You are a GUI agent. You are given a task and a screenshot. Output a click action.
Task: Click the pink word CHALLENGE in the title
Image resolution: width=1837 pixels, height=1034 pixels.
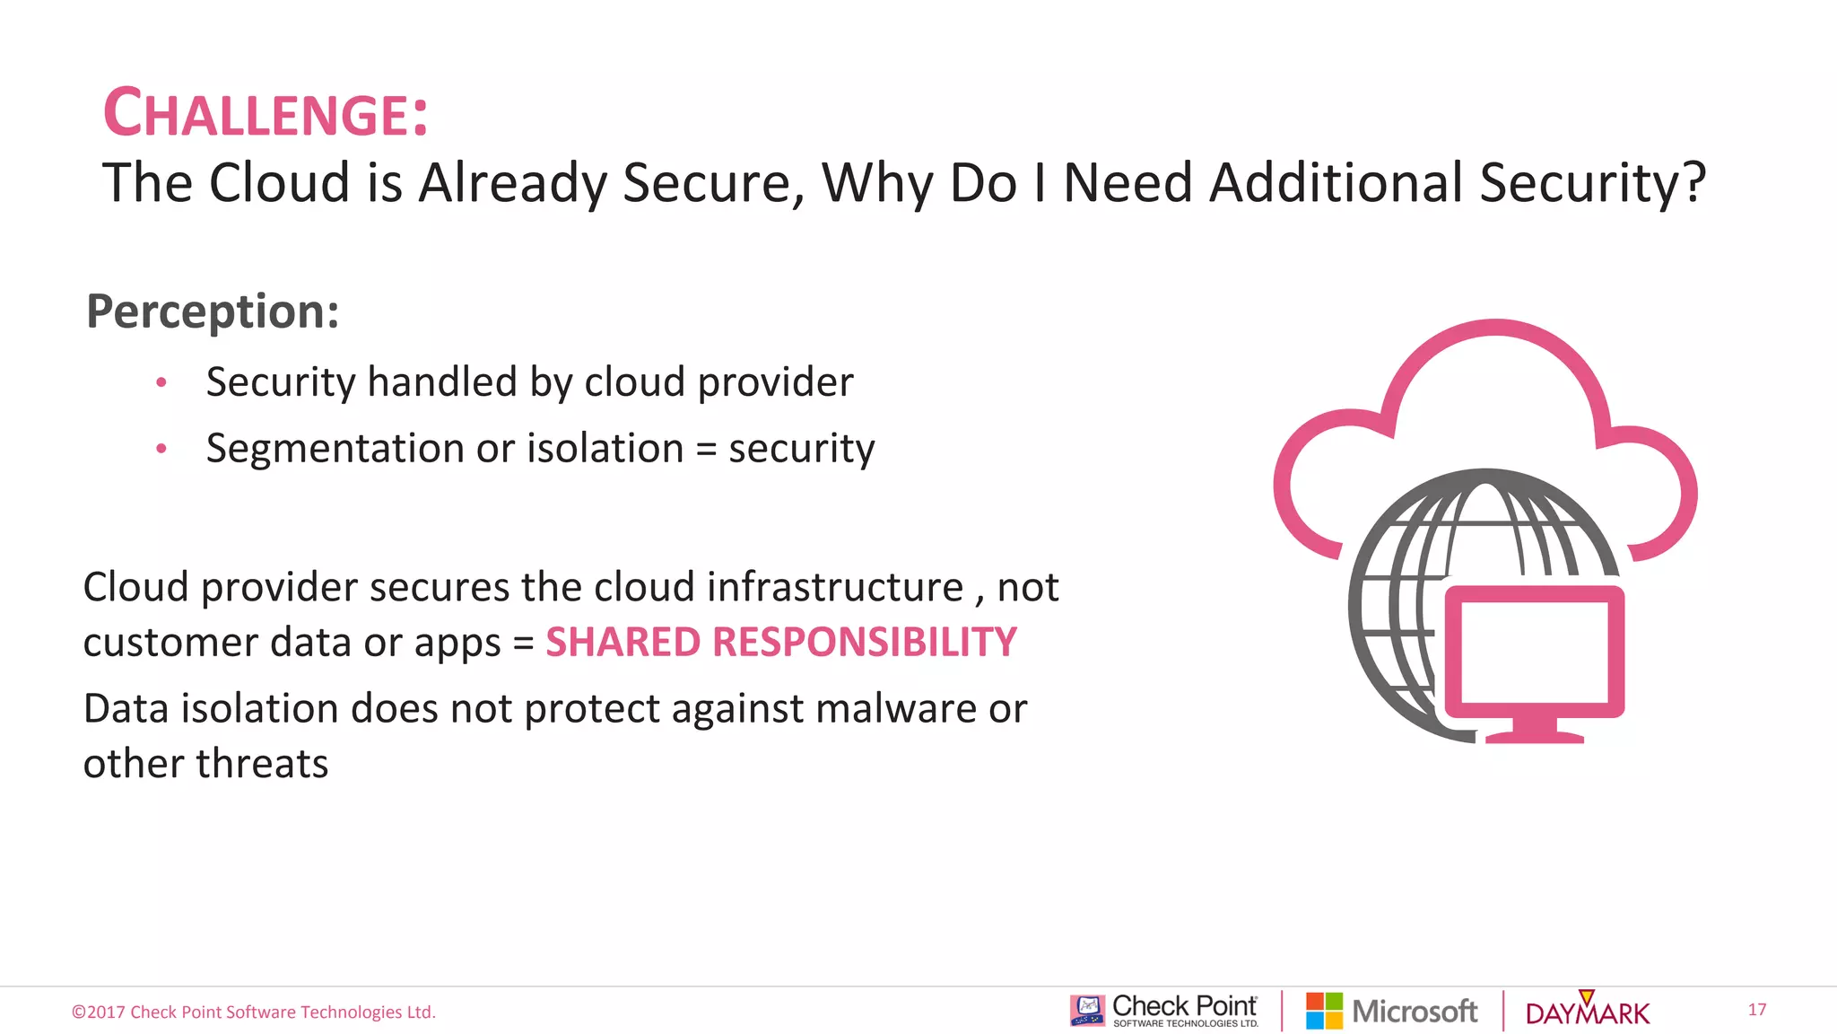pyautogui.click(x=257, y=114)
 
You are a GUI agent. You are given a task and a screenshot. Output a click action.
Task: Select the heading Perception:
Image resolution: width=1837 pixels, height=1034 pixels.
pyautogui.click(x=213, y=311)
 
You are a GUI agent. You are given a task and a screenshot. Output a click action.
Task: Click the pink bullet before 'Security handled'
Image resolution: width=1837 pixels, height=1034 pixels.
pyautogui.click(x=161, y=382)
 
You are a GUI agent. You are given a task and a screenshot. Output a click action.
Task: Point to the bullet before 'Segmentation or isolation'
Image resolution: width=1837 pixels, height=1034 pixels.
pyautogui.click(x=161, y=448)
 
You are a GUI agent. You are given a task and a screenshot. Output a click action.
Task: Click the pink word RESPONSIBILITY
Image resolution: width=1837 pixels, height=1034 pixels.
pyautogui.click(x=865, y=643)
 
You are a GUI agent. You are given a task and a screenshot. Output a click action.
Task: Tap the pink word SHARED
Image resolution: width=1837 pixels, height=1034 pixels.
pyautogui.click(x=622, y=643)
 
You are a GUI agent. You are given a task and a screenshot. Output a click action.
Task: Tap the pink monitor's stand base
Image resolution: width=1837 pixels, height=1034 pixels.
pyautogui.click(x=1535, y=735)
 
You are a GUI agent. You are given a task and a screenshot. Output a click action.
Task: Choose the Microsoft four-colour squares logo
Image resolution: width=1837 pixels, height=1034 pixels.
pyautogui.click(x=1324, y=1011)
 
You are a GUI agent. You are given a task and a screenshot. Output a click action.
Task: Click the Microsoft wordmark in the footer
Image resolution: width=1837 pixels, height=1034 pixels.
pyautogui.click(x=1415, y=1012)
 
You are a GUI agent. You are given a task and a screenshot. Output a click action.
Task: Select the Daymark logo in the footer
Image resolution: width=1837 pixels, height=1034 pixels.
pyautogui.click(x=1587, y=1011)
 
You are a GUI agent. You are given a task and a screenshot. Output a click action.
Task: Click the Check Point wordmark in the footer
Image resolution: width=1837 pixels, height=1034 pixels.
pyautogui.click(x=1184, y=1007)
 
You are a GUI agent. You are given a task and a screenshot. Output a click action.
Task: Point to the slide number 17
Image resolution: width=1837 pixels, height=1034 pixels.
pyautogui.click(x=1756, y=1010)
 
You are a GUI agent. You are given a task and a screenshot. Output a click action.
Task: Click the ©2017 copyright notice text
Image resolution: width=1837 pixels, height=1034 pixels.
pyautogui.click(x=254, y=1012)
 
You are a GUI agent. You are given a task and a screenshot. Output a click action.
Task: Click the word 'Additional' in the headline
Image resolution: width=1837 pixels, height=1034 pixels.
pyautogui.click(x=1336, y=183)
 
